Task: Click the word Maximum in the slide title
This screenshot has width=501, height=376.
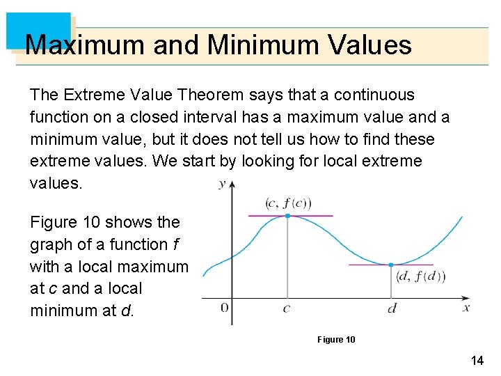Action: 85,45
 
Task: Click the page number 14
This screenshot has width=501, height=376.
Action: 477,360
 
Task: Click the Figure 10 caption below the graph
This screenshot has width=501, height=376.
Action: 336,339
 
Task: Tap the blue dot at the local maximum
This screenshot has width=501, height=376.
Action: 287,216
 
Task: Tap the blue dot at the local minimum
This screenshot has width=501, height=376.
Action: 391,265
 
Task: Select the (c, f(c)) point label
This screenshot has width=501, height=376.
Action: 288,203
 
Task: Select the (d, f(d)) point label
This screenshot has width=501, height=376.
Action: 420,276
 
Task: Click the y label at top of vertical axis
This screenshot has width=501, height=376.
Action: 222,184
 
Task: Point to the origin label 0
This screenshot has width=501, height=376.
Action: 224,308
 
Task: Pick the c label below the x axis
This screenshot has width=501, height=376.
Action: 287,308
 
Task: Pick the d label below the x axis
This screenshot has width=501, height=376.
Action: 392,308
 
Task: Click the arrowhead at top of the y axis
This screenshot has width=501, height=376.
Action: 232,185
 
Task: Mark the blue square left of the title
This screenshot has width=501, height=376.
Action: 39,30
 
